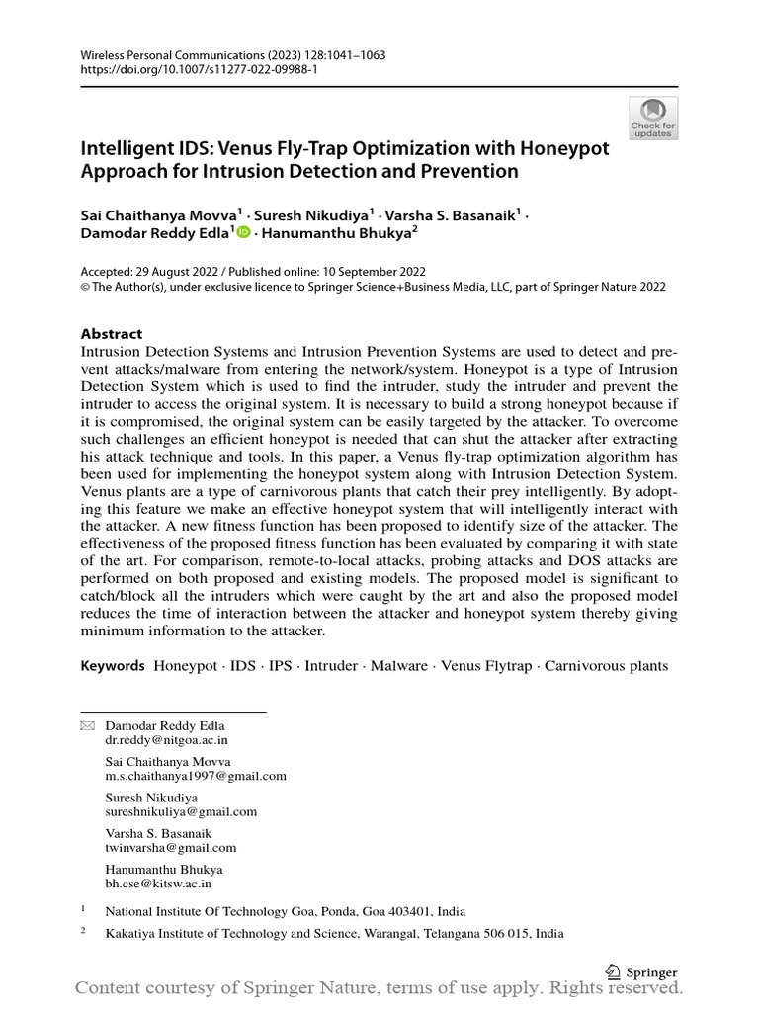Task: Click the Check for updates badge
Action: pyautogui.click(x=653, y=118)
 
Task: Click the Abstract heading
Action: pyautogui.click(x=111, y=334)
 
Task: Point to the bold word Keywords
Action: pyautogui.click(x=113, y=666)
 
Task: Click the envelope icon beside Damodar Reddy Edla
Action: pyautogui.click(x=87, y=726)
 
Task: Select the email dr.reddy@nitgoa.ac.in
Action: pyautogui.click(x=166, y=739)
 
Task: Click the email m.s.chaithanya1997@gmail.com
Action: pyautogui.click(x=196, y=776)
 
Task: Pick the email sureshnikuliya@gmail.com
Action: pyautogui.click(x=181, y=811)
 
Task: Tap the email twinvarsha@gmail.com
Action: pyautogui.click(x=170, y=847)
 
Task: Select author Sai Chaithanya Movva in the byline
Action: pyautogui.click(x=157, y=212)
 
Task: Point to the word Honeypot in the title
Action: pyautogui.click(x=561, y=149)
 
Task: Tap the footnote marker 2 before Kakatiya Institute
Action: pyautogui.click(x=84, y=932)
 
